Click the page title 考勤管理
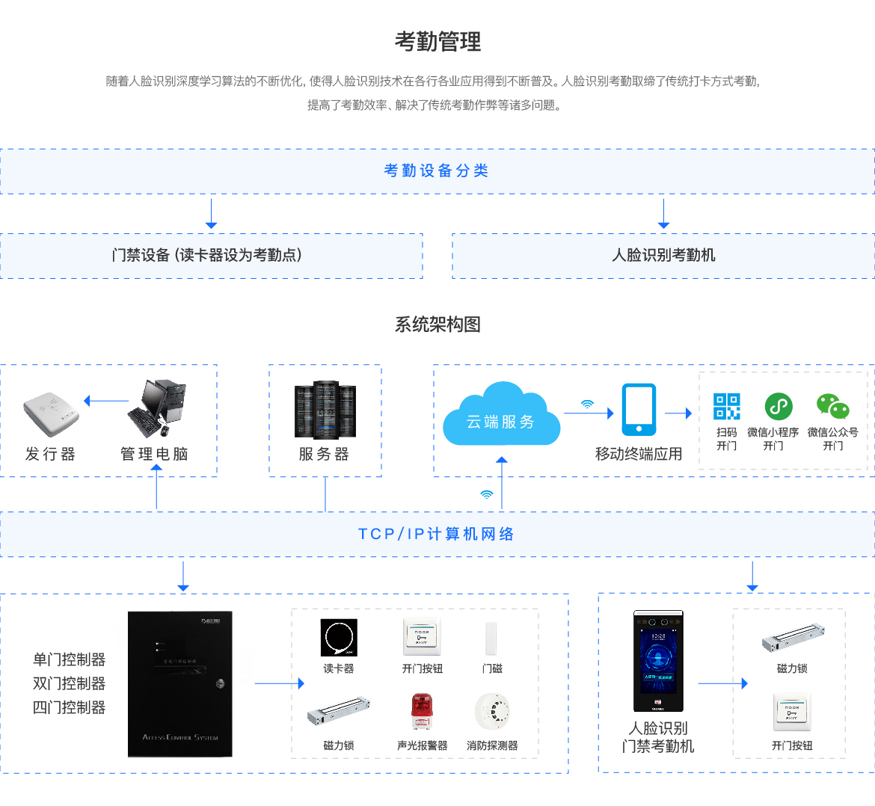437,42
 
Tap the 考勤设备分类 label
436,171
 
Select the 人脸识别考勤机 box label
663,256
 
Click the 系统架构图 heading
437,324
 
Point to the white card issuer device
50,413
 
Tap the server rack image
325,409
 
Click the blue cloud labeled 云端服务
500,417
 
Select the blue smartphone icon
639,409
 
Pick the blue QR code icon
726,406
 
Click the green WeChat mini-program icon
778,406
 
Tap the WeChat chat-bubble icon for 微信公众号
832,406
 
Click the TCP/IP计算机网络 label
436,535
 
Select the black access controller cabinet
179,683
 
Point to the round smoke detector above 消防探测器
492,711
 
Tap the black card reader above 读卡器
338,638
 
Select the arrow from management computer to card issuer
106,402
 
